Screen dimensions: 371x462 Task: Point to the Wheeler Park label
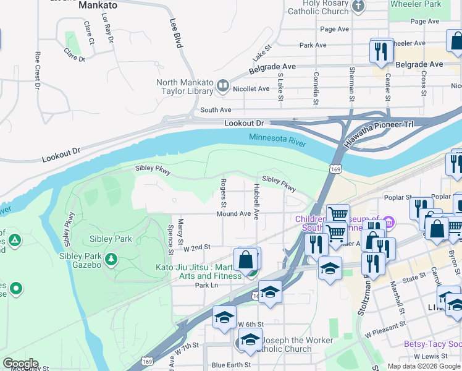415,4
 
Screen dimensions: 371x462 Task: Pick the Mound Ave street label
233,214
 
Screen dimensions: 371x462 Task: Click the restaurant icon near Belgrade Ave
380,51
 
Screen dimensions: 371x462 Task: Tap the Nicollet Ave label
251,88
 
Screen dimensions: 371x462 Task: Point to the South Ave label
216,110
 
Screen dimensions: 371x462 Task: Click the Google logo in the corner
20,364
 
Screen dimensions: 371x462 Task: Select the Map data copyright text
424,366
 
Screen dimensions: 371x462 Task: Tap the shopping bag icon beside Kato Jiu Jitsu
246,260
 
